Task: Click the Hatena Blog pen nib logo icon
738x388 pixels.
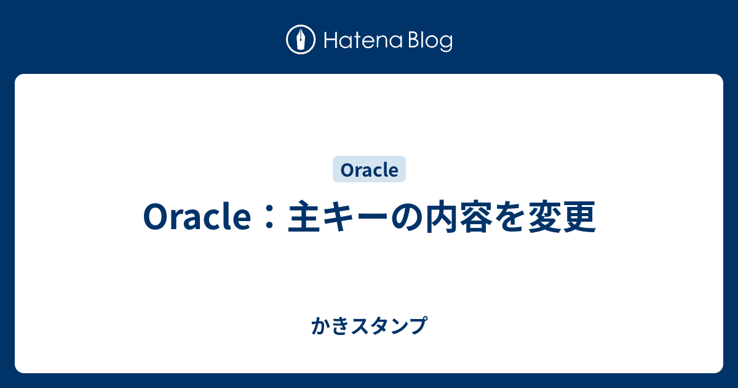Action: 301,39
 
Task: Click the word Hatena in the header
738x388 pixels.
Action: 363,40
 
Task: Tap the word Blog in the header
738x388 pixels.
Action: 430,42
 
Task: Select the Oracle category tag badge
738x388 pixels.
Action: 369,169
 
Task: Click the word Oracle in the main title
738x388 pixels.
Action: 197,217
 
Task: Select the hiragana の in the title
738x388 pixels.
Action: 407,217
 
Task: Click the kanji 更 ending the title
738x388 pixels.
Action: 579,217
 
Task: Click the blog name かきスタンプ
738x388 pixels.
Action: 370,326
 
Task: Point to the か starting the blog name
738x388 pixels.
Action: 320,326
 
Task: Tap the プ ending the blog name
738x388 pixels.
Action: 418,326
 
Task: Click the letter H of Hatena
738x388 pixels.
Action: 331,41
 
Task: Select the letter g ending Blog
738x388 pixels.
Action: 446,44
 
